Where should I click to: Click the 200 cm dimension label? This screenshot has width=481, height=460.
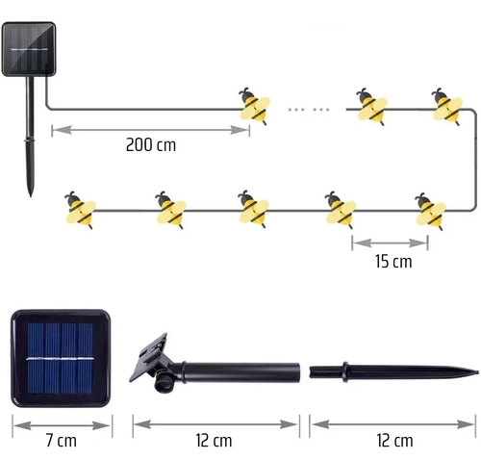[151, 145]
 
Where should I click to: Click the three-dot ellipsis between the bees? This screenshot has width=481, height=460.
[310, 110]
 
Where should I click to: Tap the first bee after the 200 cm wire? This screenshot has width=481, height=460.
[252, 107]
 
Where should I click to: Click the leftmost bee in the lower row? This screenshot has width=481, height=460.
[80, 207]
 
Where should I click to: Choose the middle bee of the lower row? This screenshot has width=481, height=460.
[255, 207]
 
